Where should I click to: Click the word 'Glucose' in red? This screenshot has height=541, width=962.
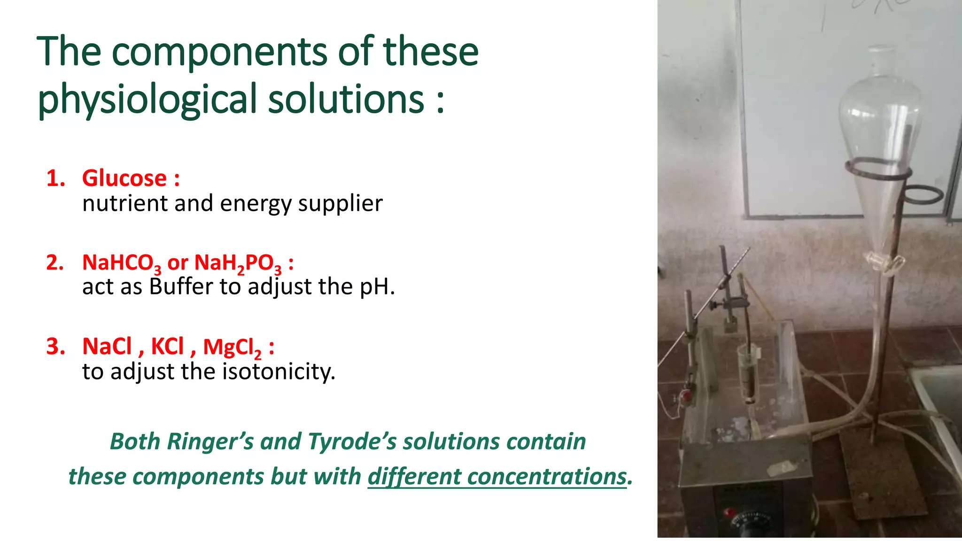click(124, 178)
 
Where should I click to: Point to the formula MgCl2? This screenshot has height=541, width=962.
click(232, 348)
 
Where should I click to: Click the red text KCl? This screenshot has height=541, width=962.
click(167, 347)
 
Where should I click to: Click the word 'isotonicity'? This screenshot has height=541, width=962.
click(278, 371)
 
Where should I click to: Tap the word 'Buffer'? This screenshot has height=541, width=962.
click(181, 286)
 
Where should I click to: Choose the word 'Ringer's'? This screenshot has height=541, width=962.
click(210, 441)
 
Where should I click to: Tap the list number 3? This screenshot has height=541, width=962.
click(55, 347)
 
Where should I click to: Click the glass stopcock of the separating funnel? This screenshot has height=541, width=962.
click(884, 263)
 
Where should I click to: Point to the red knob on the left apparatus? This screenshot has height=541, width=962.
click(686, 395)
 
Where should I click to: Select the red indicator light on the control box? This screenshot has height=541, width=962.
click(729, 511)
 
